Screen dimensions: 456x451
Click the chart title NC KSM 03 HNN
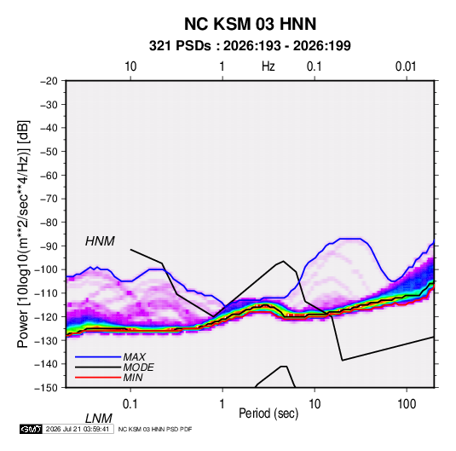(250, 24)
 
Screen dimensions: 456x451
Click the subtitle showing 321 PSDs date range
(250, 46)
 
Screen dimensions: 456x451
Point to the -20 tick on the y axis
(49, 81)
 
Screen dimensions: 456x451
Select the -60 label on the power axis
(49, 175)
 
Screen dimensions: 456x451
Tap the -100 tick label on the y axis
(47, 269)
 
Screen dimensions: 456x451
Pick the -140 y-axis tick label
(47, 364)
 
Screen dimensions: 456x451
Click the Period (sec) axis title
(268, 413)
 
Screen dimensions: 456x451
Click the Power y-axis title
(23, 234)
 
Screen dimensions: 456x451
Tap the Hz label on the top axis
(268, 66)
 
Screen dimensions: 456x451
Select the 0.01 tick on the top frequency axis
(406, 66)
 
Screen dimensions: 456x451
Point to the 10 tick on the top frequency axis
(130, 66)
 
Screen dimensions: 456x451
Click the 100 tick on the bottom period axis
(407, 404)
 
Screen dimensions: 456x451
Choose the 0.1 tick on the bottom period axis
(130, 404)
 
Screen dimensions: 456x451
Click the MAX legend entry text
(134, 357)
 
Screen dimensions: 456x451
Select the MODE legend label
(138, 367)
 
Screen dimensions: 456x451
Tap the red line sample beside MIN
(98, 378)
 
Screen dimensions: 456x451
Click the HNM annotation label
(100, 241)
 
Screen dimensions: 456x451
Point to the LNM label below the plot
(99, 419)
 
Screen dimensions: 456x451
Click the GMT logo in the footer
(31, 429)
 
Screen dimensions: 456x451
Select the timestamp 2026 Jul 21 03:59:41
(78, 429)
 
